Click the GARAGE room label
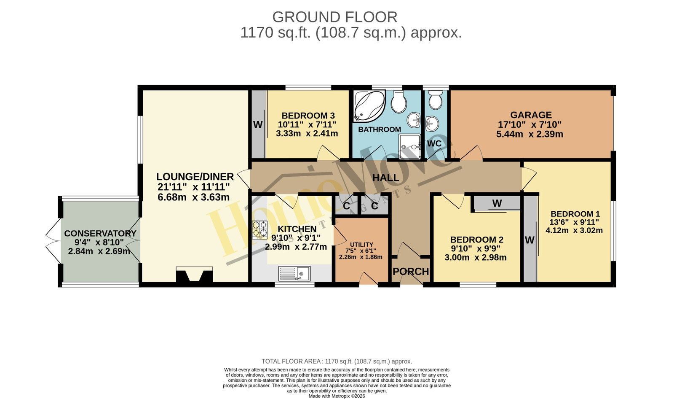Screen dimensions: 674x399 click(x=531, y=115)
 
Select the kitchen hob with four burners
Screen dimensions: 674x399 click(x=259, y=230)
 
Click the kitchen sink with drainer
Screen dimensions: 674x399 click(x=294, y=274)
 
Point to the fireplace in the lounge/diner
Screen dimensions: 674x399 click(x=194, y=274)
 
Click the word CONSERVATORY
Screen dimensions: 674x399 click(x=100, y=234)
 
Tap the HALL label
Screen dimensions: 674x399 click(x=386, y=178)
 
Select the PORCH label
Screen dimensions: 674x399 click(x=411, y=272)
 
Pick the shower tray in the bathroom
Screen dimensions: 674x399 click(x=409, y=146)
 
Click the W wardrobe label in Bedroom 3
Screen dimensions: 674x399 click(x=258, y=125)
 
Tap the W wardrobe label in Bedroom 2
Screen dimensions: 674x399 click(x=497, y=203)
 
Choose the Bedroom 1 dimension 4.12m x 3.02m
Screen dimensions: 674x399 click(x=574, y=231)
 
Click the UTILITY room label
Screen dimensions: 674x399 click(x=361, y=245)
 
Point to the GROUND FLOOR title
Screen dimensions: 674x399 click(x=335, y=17)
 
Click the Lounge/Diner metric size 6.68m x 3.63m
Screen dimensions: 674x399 click(x=193, y=197)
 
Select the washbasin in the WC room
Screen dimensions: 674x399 click(x=432, y=124)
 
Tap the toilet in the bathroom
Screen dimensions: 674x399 click(x=399, y=102)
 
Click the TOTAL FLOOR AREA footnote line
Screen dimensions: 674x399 click(x=337, y=361)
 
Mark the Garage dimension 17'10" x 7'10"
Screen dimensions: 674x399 click(x=530, y=124)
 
